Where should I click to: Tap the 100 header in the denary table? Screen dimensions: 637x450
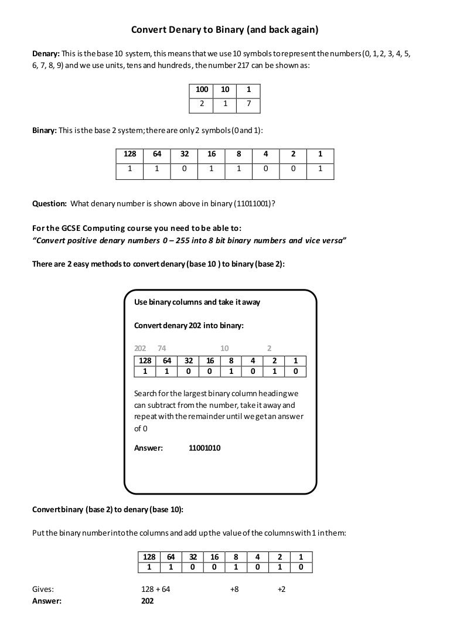point(202,90)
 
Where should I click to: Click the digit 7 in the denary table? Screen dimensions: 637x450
point(248,104)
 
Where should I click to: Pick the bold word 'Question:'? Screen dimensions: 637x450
point(49,204)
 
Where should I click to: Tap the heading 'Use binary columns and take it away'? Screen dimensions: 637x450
point(197,302)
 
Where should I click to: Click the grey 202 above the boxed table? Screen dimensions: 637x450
point(141,348)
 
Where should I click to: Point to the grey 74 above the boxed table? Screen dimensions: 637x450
point(162,348)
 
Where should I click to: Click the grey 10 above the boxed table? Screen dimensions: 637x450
point(224,348)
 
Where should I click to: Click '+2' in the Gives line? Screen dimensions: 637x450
point(281,589)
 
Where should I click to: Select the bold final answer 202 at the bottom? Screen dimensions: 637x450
point(148,601)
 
